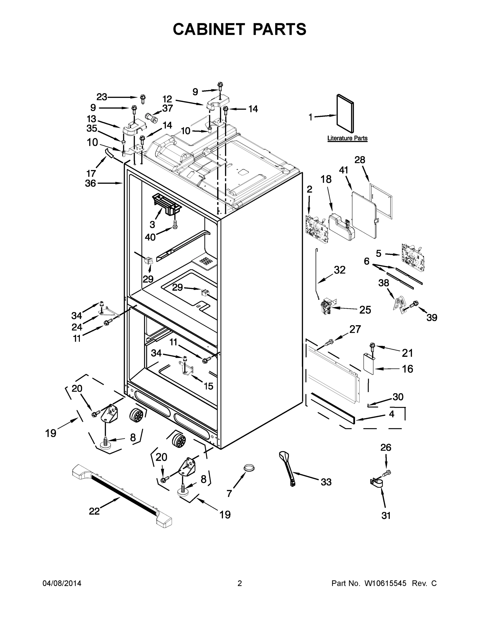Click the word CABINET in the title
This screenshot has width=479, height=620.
pyautogui.click(x=209, y=29)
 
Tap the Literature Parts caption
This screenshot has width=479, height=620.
pyautogui.click(x=347, y=138)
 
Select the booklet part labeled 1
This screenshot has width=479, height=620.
pyautogui.click(x=345, y=114)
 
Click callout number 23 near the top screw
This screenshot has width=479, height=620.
pyautogui.click(x=101, y=97)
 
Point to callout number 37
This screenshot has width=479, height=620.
pyautogui.click(x=167, y=108)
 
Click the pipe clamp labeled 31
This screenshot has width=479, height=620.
pyautogui.click(x=376, y=483)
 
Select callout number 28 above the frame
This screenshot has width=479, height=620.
pyautogui.click(x=360, y=160)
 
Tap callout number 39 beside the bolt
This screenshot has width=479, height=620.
pyautogui.click(x=431, y=317)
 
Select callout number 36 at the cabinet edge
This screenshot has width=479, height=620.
pyautogui.click(x=91, y=183)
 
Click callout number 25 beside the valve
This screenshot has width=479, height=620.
pyautogui.click(x=365, y=310)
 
